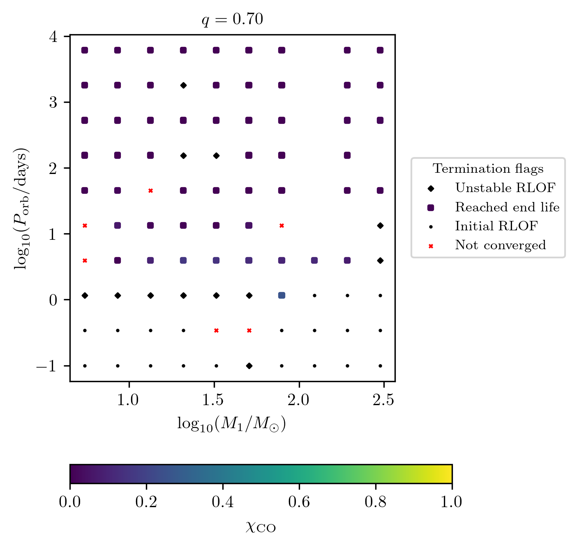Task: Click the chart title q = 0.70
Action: coord(232,20)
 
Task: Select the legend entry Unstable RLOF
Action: coord(505,188)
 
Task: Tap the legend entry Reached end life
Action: coord(507,207)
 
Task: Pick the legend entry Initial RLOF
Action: coord(496,226)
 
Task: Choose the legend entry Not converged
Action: coord(500,245)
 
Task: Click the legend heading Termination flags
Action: coord(488,169)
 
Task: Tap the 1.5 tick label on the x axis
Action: coord(214,400)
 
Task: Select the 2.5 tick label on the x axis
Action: coord(383,400)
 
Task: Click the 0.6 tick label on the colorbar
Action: coord(299,502)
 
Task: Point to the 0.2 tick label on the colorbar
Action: coord(146,502)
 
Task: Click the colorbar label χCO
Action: coord(261,527)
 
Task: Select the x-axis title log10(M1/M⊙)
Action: coord(231,424)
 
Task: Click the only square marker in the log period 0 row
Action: coord(282,295)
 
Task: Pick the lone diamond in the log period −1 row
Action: coord(249,366)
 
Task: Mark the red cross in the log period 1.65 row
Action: coord(150,190)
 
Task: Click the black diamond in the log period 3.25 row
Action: coord(183,85)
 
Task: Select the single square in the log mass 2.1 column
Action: coord(314,260)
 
